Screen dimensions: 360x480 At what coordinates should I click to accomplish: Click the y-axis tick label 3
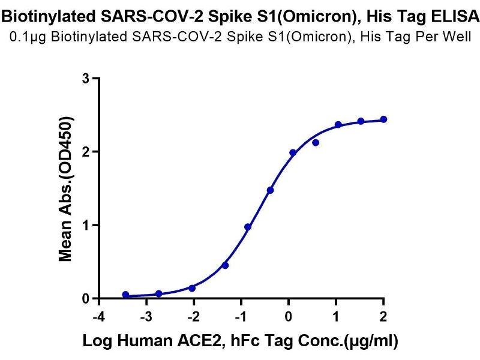pos(86,79)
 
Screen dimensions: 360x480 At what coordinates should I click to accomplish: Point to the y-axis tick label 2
pos(86,152)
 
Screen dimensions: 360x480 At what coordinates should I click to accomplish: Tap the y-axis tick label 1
pos(86,225)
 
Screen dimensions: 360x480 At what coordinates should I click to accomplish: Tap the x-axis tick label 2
pos(383,316)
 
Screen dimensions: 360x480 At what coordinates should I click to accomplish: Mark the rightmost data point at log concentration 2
pos(383,119)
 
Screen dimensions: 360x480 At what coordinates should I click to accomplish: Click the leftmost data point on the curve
pos(125,295)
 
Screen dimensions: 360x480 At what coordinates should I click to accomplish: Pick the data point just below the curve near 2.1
pos(316,143)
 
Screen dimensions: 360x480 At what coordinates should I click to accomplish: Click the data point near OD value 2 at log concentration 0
pos(293,153)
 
